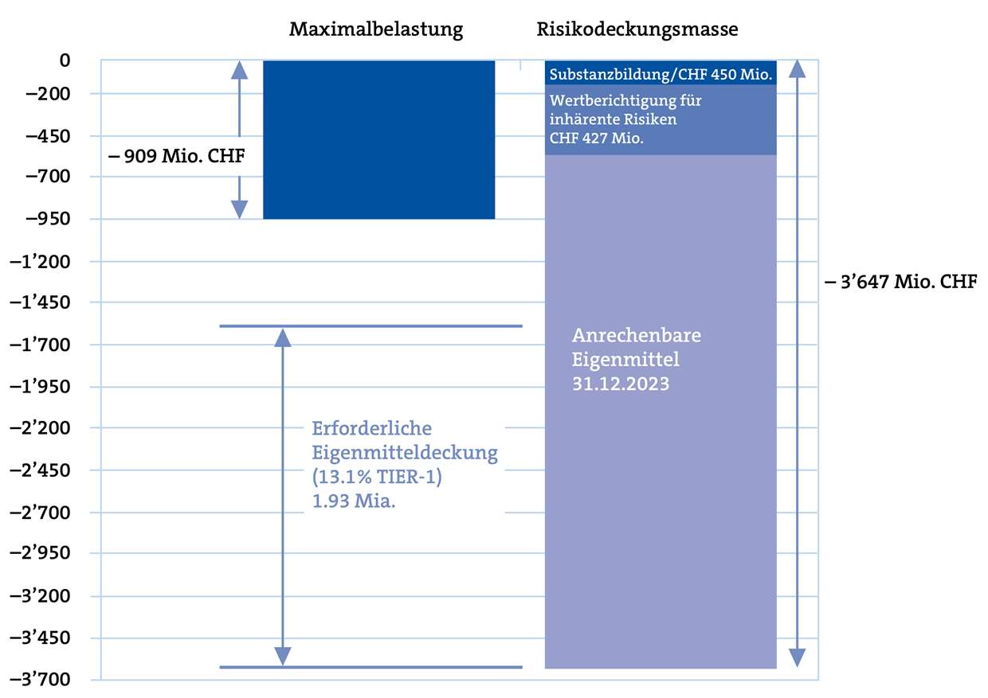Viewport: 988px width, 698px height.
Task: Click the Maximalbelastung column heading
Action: click(375, 30)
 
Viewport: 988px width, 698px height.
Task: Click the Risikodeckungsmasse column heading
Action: click(637, 30)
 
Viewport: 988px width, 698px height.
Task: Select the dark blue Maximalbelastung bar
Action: click(378, 139)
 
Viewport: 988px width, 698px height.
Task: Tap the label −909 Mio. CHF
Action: click(175, 156)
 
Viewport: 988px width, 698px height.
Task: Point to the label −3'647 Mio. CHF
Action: click(900, 282)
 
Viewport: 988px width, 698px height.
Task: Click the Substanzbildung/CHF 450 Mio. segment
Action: click(661, 75)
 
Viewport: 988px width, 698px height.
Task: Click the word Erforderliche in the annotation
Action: click(371, 428)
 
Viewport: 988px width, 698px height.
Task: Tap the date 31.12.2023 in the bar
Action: click(621, 383)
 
